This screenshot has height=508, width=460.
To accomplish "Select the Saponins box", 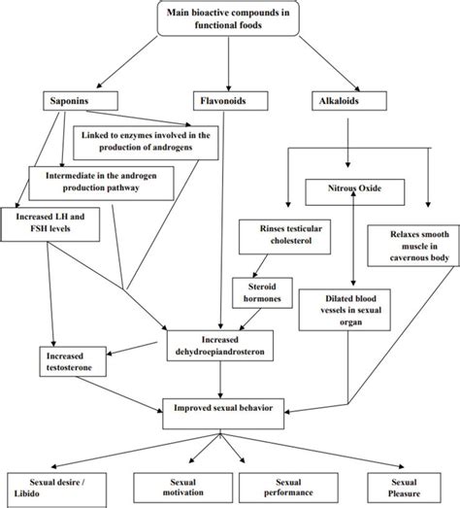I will pos(70,100).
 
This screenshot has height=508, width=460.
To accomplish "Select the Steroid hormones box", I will pos(258,292).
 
